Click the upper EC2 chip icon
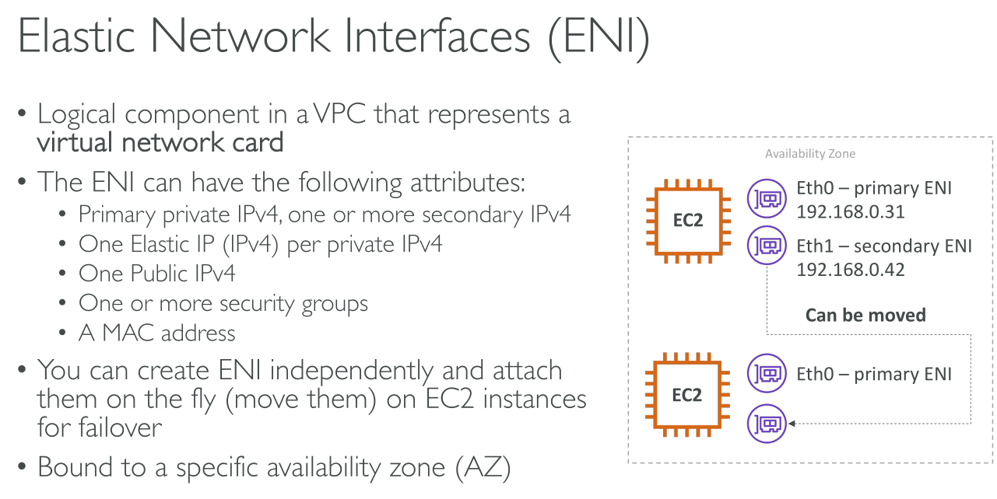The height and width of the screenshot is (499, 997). [687, 219]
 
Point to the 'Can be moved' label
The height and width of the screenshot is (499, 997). [865, 315]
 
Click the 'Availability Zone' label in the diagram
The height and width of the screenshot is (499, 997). [809, 154]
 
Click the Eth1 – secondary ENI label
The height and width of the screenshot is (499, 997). [884, 246]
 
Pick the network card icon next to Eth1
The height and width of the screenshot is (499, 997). [766, 246]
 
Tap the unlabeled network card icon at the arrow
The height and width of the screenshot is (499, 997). [766, 424]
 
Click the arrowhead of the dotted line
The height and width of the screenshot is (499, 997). [792, 424]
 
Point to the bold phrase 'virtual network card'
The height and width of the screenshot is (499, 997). [160, 142]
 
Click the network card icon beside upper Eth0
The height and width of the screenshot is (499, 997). [766, 199]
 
